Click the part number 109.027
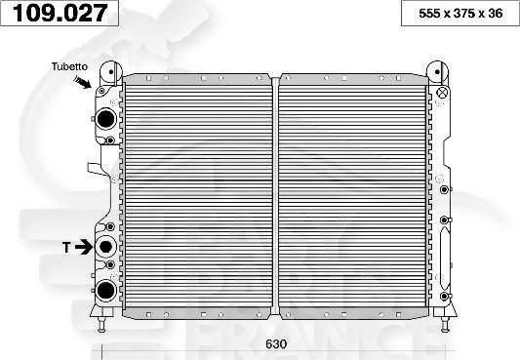point(60,13)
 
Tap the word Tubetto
point(70,66)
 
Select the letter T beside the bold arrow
point(67,248)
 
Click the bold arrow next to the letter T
point(84,248)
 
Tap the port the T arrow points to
point(105,247)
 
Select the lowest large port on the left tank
point(105,289)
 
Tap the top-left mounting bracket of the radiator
point(107,72)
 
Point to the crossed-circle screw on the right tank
point(441,94)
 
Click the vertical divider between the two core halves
point(276,190)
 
